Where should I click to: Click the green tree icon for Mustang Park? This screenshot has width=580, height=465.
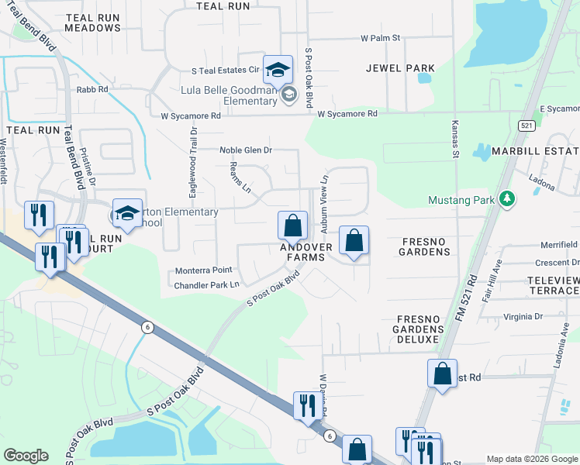tap(506, 200)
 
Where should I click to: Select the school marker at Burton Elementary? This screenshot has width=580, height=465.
tap(127, 215)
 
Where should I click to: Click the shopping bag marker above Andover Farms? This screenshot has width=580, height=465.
tap(292, 226)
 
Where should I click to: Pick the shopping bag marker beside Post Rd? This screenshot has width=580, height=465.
tap(441, 374)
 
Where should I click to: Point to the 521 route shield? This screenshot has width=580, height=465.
tap(526, 126)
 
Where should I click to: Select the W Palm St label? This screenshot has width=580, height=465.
tap(380, 37)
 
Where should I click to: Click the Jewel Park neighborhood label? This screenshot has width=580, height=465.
tap(400, 68)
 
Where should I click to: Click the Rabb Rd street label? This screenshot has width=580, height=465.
tap(91, 90)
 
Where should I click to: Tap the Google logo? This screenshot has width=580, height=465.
tap(26, 456)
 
